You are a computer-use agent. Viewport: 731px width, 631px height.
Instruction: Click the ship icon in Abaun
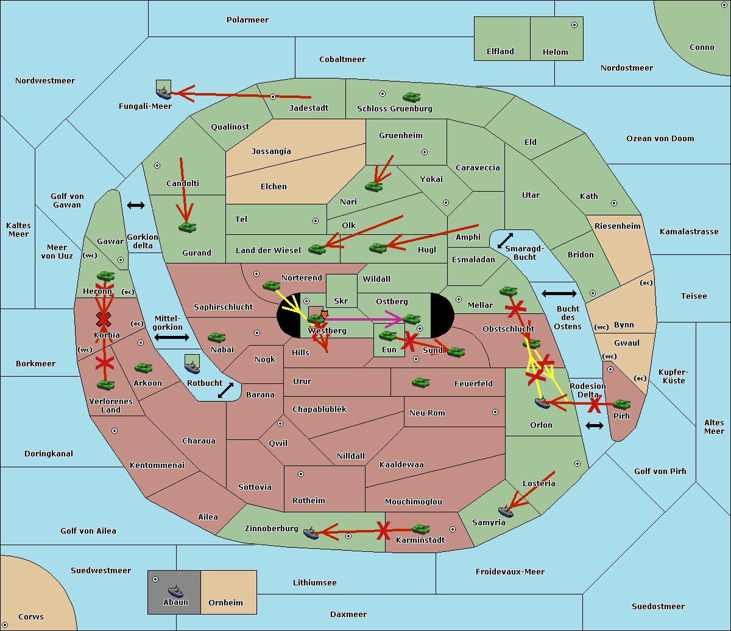pyautogui.click(x=175, y=591)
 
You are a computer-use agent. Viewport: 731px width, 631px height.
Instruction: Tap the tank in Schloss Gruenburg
pyautogui.click(x=412, y=97)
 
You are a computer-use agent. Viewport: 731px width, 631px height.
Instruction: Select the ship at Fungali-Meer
pyautogui.click(x=164, y=92)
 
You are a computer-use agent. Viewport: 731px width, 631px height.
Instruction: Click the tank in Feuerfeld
pyautogui.click(x=420, y=382)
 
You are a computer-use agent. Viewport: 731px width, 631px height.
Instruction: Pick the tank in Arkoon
pyautogui.click(x=144, y=368)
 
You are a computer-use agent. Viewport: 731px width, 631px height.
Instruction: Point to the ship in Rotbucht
pyautogui.click(x=192, y=368)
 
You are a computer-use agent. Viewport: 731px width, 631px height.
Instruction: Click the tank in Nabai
pyautogui.click(x=216, y=337)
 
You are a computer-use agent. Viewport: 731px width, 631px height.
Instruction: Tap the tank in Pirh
pyautogui.click(x=622, y=404)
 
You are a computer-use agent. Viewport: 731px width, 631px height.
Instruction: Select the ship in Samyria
pyautogui.click(x=506, y=511)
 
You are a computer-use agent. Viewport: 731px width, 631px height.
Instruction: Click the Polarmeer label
pyautogui.click(x=247, y=20)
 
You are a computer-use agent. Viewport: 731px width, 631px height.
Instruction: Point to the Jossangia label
pyautogui.click(x=271, y=152)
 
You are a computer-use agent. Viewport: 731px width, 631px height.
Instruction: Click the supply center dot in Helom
pyautogui.click(x=574, y=25)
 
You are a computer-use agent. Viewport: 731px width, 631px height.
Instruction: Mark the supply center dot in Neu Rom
pyautogui.click(x=495, y=412)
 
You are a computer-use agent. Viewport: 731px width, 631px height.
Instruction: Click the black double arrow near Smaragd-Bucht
pyautogui.click(x=505, y=240)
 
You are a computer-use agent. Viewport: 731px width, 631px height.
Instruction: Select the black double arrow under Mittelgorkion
pyautogui.click(x=172, y=338)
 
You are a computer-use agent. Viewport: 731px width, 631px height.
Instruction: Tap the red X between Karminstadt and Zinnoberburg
pyautogui.click(x=383, y=531)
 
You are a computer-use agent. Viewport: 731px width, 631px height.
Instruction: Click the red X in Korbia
pyautogui.click(x=104, y=319)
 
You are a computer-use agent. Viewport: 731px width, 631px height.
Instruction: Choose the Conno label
pyautogui.click(x=702, y=47)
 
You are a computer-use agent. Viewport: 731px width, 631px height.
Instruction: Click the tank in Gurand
pyautogui.click(x=188, y=227)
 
